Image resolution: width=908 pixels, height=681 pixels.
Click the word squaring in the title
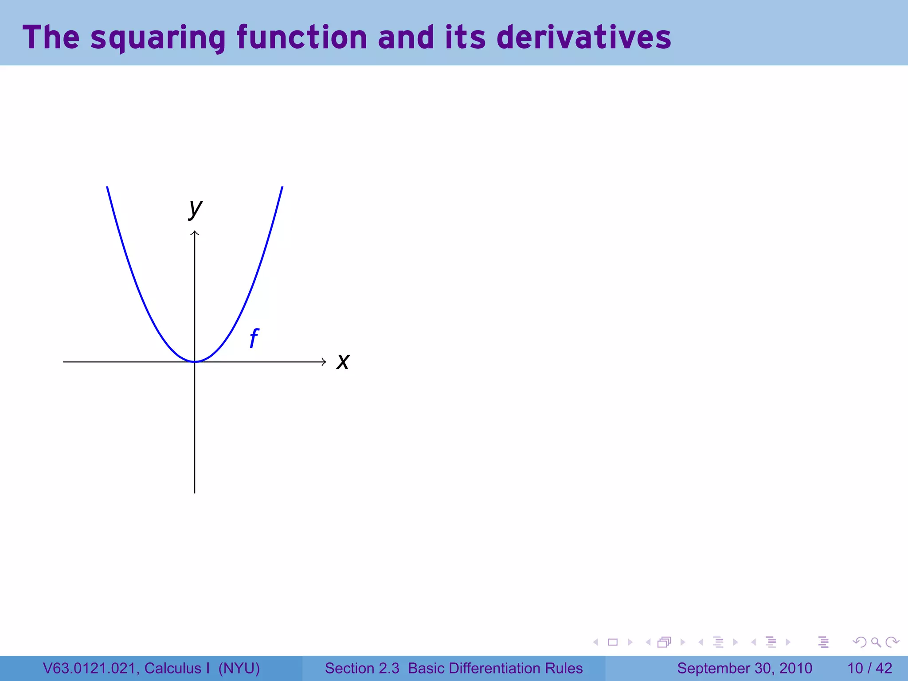(158, 38)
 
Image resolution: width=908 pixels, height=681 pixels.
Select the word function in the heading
(301, 38)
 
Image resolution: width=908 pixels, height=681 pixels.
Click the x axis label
(343, 361)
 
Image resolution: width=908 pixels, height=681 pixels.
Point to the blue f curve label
(254, 338)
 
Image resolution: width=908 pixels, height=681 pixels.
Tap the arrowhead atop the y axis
(195, 233)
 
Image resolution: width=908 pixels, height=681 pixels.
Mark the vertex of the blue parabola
(195, 361)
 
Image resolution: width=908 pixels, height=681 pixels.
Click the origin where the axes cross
(195, 362)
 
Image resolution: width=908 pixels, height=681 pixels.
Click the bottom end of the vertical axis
(195, 492)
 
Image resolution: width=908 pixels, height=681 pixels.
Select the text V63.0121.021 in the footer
(90, 668)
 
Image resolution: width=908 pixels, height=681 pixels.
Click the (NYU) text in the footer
(239, 668)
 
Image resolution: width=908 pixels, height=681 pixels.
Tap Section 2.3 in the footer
(362, 668)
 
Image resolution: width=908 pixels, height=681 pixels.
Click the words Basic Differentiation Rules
(495, 668)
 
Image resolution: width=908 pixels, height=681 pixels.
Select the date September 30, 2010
(744, 668)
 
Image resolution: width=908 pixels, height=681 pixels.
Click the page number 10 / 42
(869, 668)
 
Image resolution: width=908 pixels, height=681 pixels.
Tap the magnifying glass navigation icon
(876, 642)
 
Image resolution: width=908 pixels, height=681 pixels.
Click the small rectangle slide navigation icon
(613, 642)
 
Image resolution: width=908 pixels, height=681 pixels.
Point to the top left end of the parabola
(107, 188)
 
